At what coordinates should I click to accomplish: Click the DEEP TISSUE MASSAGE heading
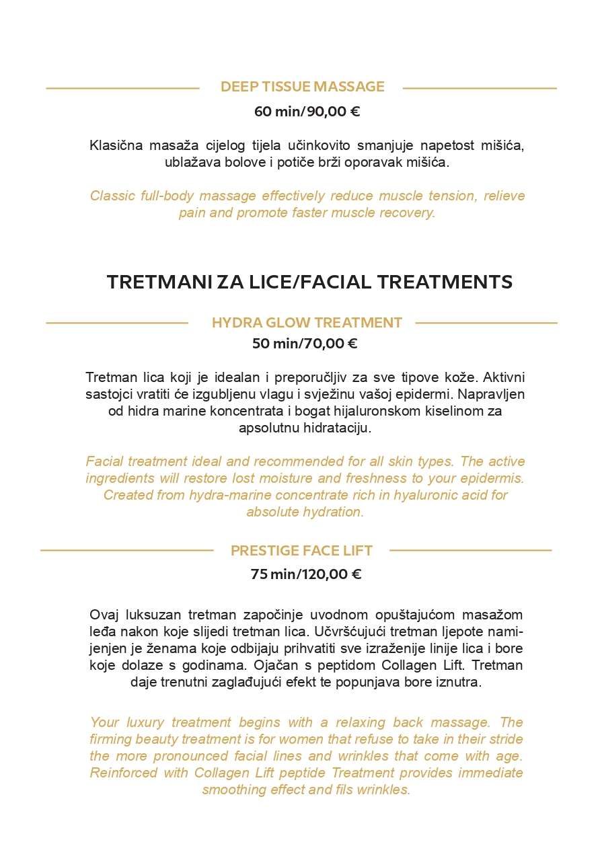click(x=302, y=87)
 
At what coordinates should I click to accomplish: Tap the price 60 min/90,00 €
click(x=307, y=112)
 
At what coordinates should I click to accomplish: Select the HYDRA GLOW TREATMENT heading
click(x=307, y=323)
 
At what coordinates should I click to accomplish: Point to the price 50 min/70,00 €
click(x=304, y=344)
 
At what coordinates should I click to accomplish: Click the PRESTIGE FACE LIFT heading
click(x=301, y=551)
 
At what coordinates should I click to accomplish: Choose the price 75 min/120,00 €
click(x=306, y=574)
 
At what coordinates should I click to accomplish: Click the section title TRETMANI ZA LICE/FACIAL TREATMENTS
click(x=309, y=282)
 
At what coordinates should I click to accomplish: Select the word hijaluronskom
click(x=379, y=411)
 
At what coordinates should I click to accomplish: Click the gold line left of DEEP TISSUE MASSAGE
click(x=122, y=88)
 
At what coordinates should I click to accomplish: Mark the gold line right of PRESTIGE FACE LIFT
click(x=470, y=550)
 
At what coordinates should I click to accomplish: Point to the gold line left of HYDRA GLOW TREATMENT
click(x=116, y=323)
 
